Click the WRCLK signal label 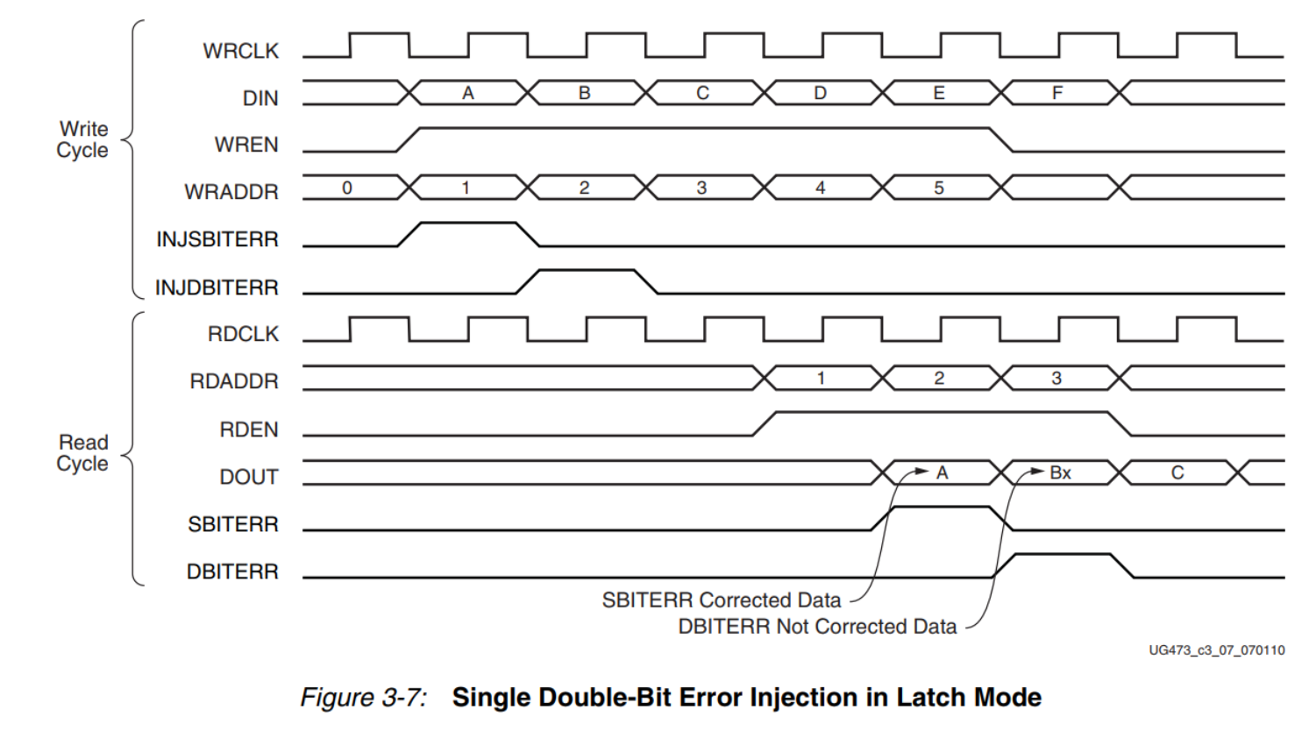pyautogui.click(x=240, y=51)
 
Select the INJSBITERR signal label pyautogui.click(x=217, y=239)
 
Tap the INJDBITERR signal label pyautogui.click(x=217, y=287)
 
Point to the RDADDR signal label pyautogui.click(x=233, y=381)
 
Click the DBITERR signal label pyautogui.click(x=232, y=571)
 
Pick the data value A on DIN pyautogui.click(x=468, y=93)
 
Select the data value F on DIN pyautogui.click(x=1057, y=93)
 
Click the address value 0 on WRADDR pyautogui.click(x=347, y=188)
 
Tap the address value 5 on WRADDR pyautogui.click(x=939, y=188)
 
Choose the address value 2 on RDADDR pyautogui.click(x=939, y=379)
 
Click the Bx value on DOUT pyautogui.click(x=1061, y=473)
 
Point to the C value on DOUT pyautogui.click(x=1177, y=473)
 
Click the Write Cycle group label pyautogui.click(x=82, y=139)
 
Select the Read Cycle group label pyautogui.click(x=82, y=452)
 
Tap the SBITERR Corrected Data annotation pyautogui.click(x=721, y=600)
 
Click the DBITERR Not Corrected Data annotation pyautogui.click(x=817, y=627)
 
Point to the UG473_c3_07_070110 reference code pyautogui.click(x=1217, y=650)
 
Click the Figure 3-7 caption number pyautogui.click(x=363, y=698)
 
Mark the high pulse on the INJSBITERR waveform pyautogui.click(x=468, y=224)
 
